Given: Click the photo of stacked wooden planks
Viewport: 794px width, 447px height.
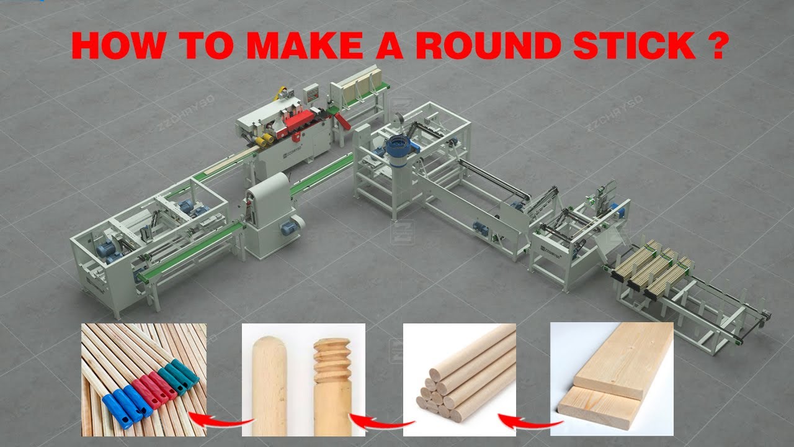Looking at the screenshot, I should click(x=611, y=379).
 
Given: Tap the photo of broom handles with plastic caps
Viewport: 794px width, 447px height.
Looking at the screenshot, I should click(x=143, y=379).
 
